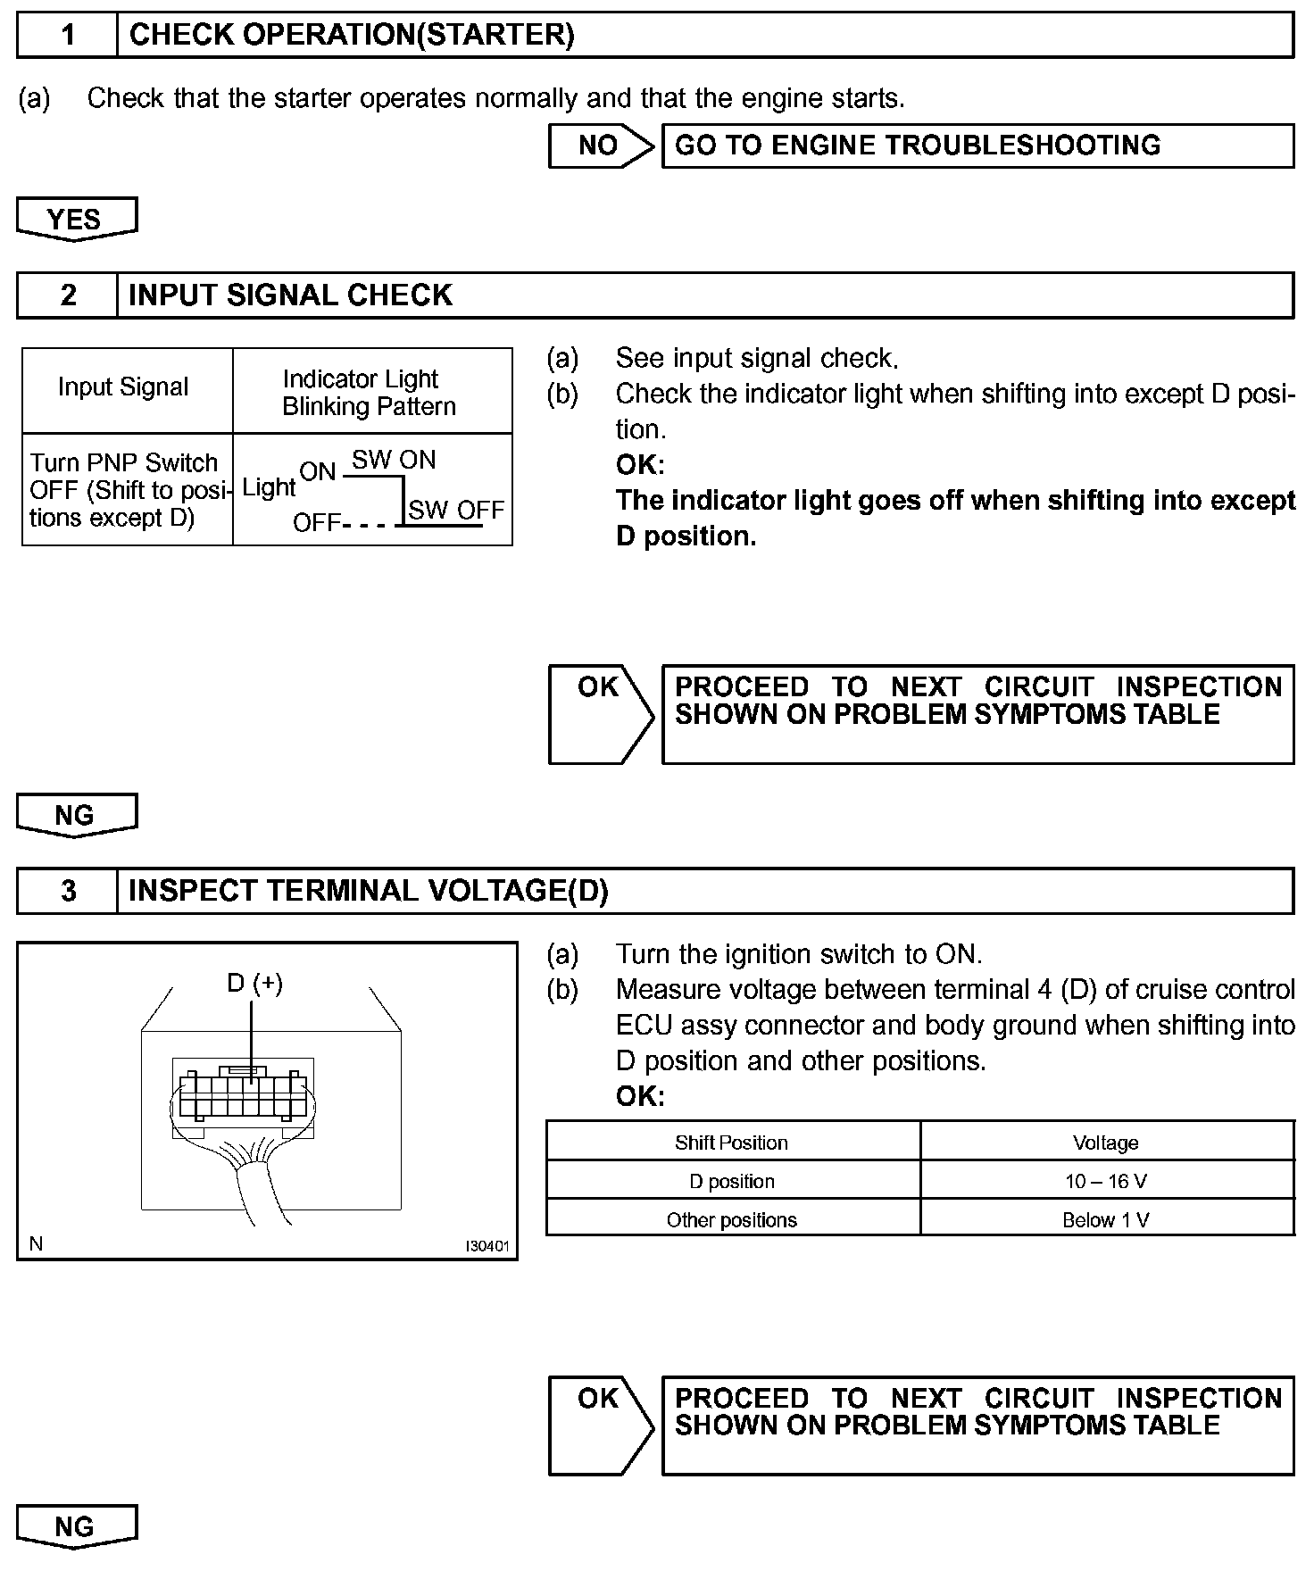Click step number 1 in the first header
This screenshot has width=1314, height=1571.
(x=68, y=35)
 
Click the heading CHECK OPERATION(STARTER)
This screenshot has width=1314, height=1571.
(x=352, y=35)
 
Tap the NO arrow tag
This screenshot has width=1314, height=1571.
(x=599, y=145)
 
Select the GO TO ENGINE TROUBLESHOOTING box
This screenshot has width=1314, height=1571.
(x=977, y=145)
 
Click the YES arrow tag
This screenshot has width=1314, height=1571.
(x=75, y=219)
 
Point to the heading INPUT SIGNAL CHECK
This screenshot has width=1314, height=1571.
(x=290, y=295)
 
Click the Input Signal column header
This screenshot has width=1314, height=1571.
(x=123, y=387)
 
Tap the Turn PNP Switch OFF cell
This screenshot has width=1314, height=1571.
(x=125, y=490)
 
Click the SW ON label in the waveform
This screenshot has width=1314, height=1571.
(x=394, y=460)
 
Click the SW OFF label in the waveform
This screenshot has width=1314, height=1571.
(x=456, y=510)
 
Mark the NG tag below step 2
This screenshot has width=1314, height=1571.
(x=75, y=814)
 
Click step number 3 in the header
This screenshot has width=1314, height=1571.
(x=68, y=891)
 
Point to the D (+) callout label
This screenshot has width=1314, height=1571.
(x=255, y=983)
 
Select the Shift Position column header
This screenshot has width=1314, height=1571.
(x=731, y=1143)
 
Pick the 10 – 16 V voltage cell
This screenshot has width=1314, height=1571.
(x=1105, y=1181)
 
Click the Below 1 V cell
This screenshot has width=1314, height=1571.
(x=1105, y=1220)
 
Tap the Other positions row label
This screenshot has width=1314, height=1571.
(x=731, y=1220)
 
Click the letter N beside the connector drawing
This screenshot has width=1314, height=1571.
(x=36, y=1243)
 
